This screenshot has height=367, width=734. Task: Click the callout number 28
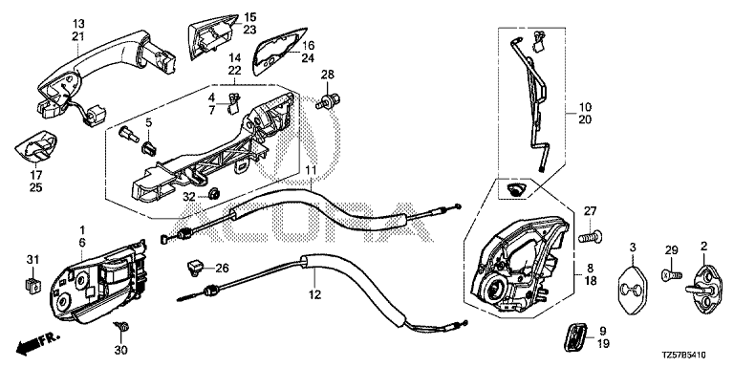pyautogui.click(x=328, y=75)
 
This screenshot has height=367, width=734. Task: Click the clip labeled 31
pyautogui.click(x=31, y=284)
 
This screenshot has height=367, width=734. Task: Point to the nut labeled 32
pyautogui.click(x=215, y=194)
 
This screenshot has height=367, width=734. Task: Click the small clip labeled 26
pyautogui.click(x=194, y=268)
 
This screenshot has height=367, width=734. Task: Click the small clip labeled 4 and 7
pyautogui.click(x=233, y=103)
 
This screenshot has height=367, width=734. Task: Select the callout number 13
pyautogui.click(x=78, y=23)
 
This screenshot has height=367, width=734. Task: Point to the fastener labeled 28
pyautogui.click(x=329, y=101)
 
